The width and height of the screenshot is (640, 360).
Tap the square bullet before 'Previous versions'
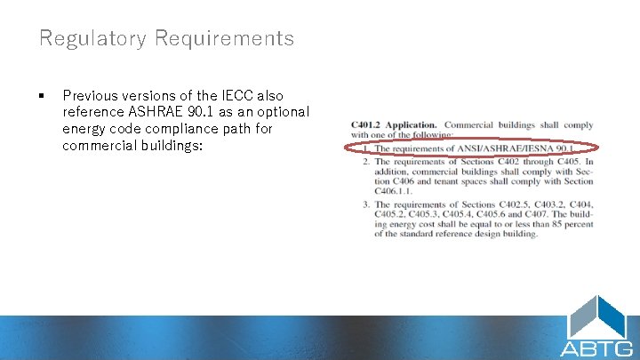click(42, 95)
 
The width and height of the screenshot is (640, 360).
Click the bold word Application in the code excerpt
click(415, 125)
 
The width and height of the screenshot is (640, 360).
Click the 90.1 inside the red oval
click(579, 148)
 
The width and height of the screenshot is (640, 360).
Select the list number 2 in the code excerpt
click(365, 162)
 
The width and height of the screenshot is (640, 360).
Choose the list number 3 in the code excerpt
click(365, 204)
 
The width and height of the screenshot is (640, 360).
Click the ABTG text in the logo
click(596, 348)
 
